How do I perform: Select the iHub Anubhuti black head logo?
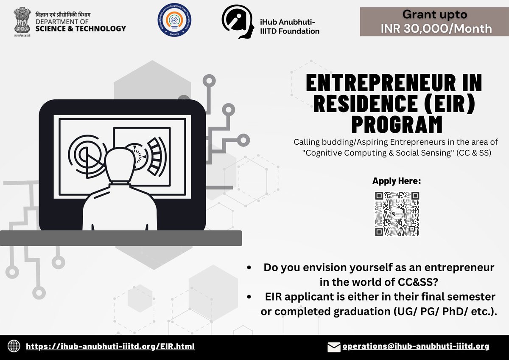click(238, 22)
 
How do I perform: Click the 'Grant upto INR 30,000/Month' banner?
click(434, 22)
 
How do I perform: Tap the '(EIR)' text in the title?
click(451, 104)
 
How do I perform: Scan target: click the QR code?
click(397, 214)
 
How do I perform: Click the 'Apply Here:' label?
click(397, 181)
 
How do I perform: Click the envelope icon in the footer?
click(334, 347)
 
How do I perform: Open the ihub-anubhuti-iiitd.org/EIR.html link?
click(110, 346)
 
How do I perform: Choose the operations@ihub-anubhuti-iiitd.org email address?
click(416, 346)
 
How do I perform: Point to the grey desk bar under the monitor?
click(121, 238)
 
